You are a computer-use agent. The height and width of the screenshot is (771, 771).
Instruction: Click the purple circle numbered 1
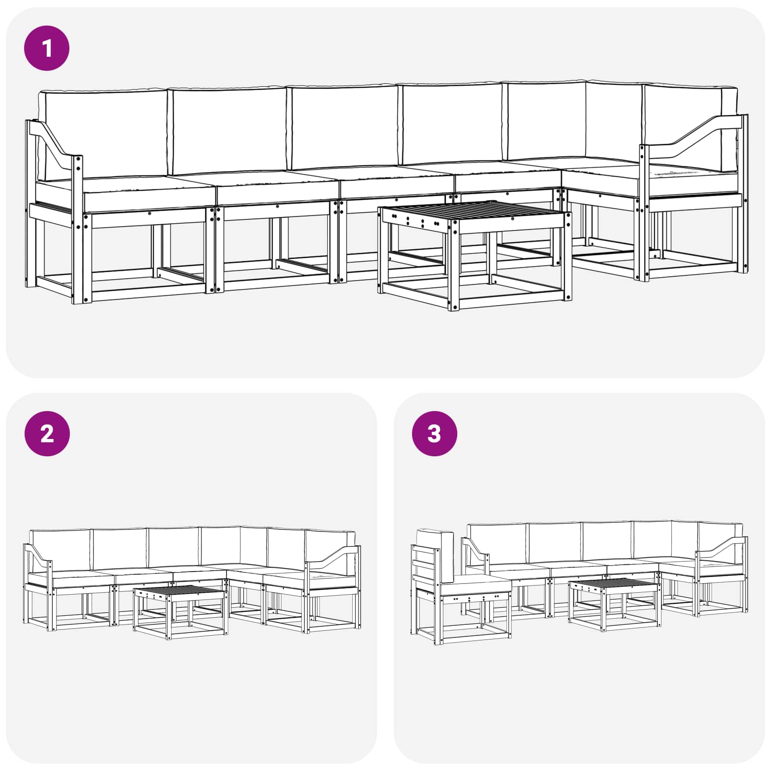pos(47,48)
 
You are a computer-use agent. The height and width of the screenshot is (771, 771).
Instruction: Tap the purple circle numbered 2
pos(47,434)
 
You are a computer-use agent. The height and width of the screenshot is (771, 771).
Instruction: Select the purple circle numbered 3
pos(434,434)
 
